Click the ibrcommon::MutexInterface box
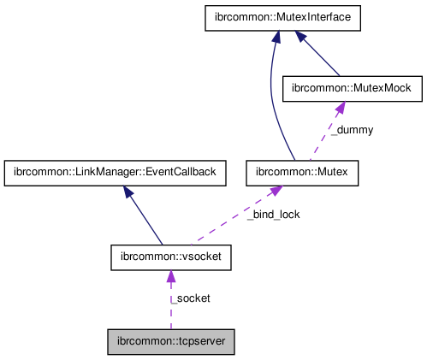click(x=273, y=18)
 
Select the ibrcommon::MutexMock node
click(x=339, y=88)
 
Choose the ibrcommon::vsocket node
click(x=170, y=256)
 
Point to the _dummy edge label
click(x=353, y=130)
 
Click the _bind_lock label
click(x=275, y=214)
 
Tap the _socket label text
click(x=191, y=298)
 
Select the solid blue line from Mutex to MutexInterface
click(x=272, y=103)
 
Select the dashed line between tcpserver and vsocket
click(x=170, y=304)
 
